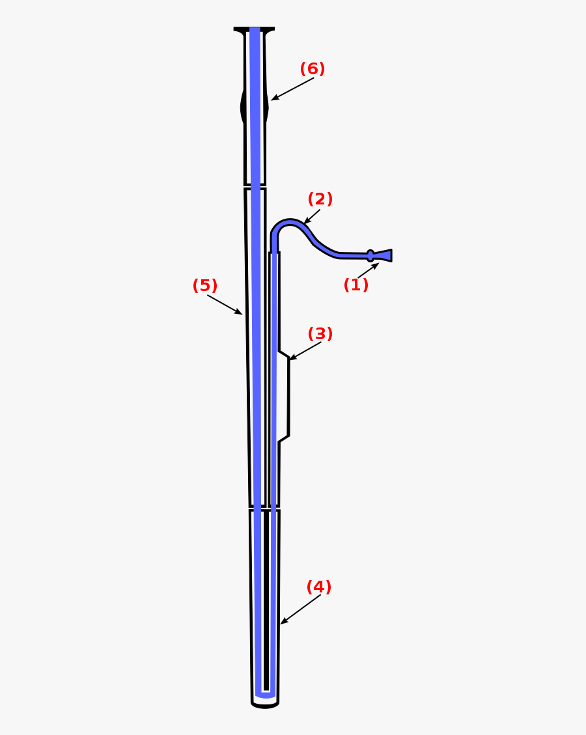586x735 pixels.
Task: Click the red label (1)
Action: [x=356, y=285]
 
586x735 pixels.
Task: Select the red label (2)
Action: [x=320, y=199]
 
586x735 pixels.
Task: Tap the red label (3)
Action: [x=320, y=334]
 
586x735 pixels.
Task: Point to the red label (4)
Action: [x=319, y=587]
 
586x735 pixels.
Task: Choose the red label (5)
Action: [x=205, y=286]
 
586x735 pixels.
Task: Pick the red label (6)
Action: [x=313, y=69]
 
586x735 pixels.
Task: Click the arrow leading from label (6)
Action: [x=292, y=89]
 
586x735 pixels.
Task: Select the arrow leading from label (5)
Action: [x=225, y=305]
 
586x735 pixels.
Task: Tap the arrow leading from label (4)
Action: [x=301, y=609]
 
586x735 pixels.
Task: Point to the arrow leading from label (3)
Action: [x=305, y=351]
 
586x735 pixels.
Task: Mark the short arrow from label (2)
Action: [x=312, y=217]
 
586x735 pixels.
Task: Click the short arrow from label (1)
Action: [x=368, y=271]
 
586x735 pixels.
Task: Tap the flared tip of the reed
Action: [x=384, y=255]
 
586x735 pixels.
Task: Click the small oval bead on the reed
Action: [x=370, y=256]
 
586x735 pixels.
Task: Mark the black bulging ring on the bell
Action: [x=244, y=107]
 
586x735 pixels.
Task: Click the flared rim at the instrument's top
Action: [x=254, y=30]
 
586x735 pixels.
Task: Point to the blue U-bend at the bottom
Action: [x=265, y=695]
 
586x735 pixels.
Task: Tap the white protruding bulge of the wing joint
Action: [x=283, y=397]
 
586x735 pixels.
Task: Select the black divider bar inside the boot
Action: [x=266, y=599]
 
